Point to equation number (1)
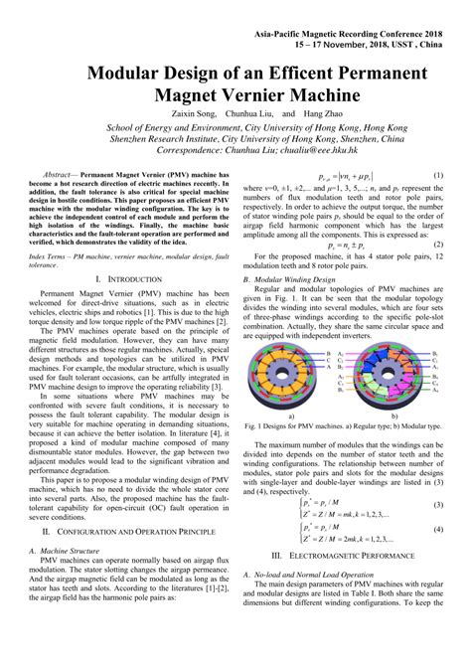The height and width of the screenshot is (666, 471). [439, 175]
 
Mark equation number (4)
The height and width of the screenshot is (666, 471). [439, 529]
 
